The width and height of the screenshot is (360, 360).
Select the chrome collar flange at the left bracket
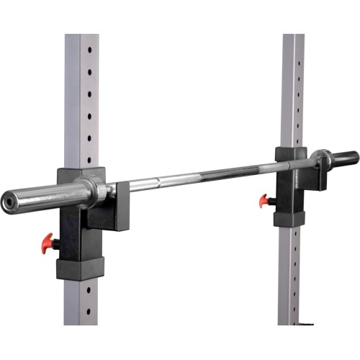[96, 189]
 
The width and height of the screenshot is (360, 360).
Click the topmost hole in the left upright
[90, 51]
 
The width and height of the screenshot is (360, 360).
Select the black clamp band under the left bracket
[81, 268]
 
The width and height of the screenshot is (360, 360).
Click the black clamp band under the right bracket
[289, 215]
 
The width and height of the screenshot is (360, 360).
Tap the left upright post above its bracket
[81, 101]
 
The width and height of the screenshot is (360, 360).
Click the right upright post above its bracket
[292, 86]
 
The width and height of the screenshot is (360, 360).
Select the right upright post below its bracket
[291, 274]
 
